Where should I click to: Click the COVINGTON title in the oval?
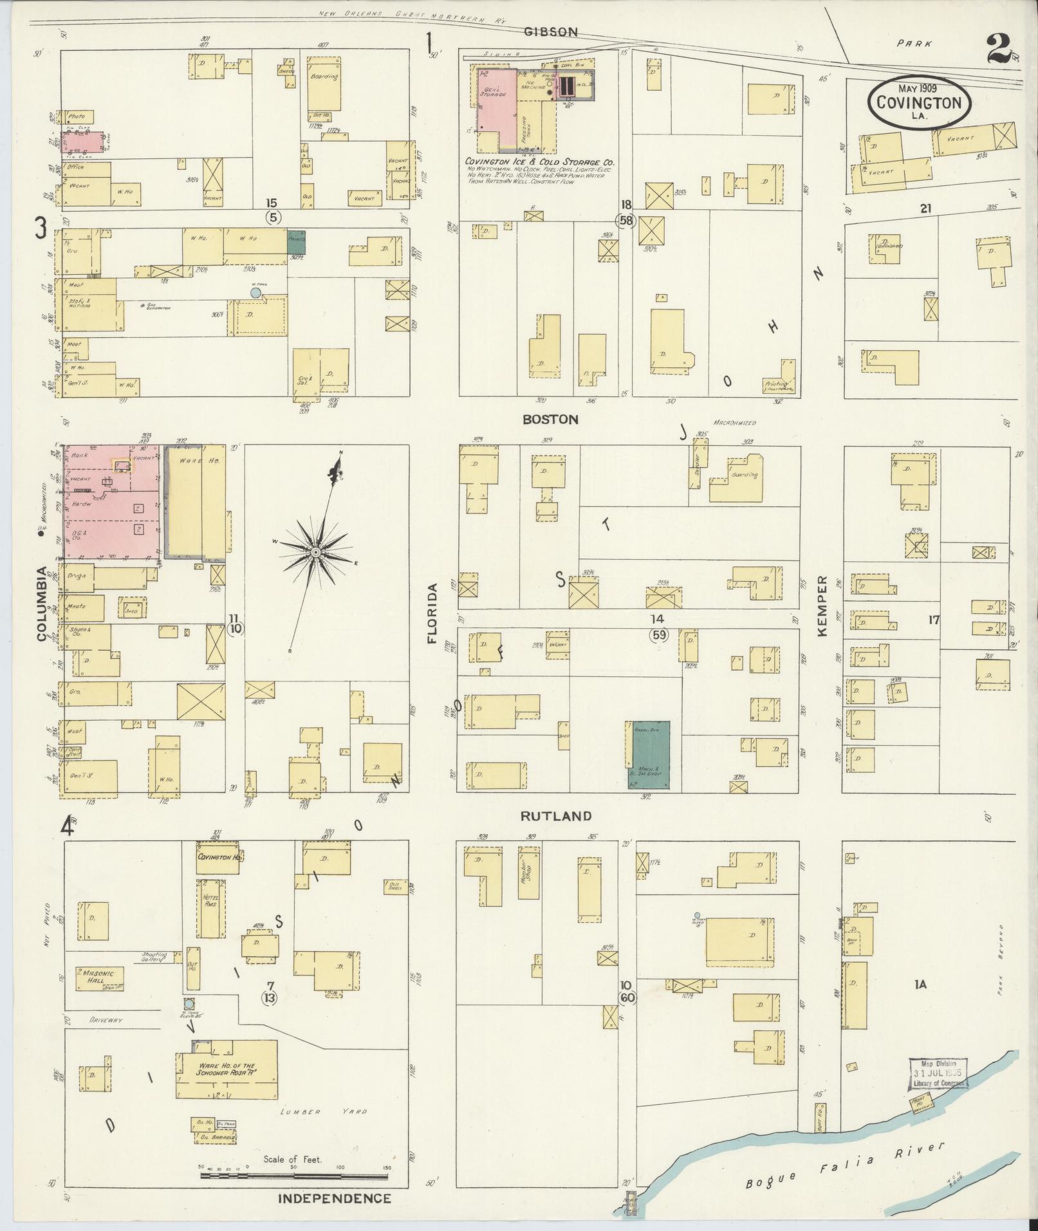pyautogui.click(x=918, y=102)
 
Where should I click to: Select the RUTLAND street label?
pyautogui.click(x=556, y=816)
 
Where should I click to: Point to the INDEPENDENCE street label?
pyautogui.click(x=335, y=1198)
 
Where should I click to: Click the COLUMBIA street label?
pyautogui.click(x=42, y=603)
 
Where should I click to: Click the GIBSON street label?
pyautogui.click(x=550, y=32)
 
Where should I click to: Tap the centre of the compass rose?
pyautogui.click(x=316, y=552)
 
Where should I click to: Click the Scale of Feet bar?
pyautogui.click(x=294, y=1176)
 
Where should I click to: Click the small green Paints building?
pyautogui.click(x=297, y=242)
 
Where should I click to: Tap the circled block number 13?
pyautogui.click(x=270, y=1016)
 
